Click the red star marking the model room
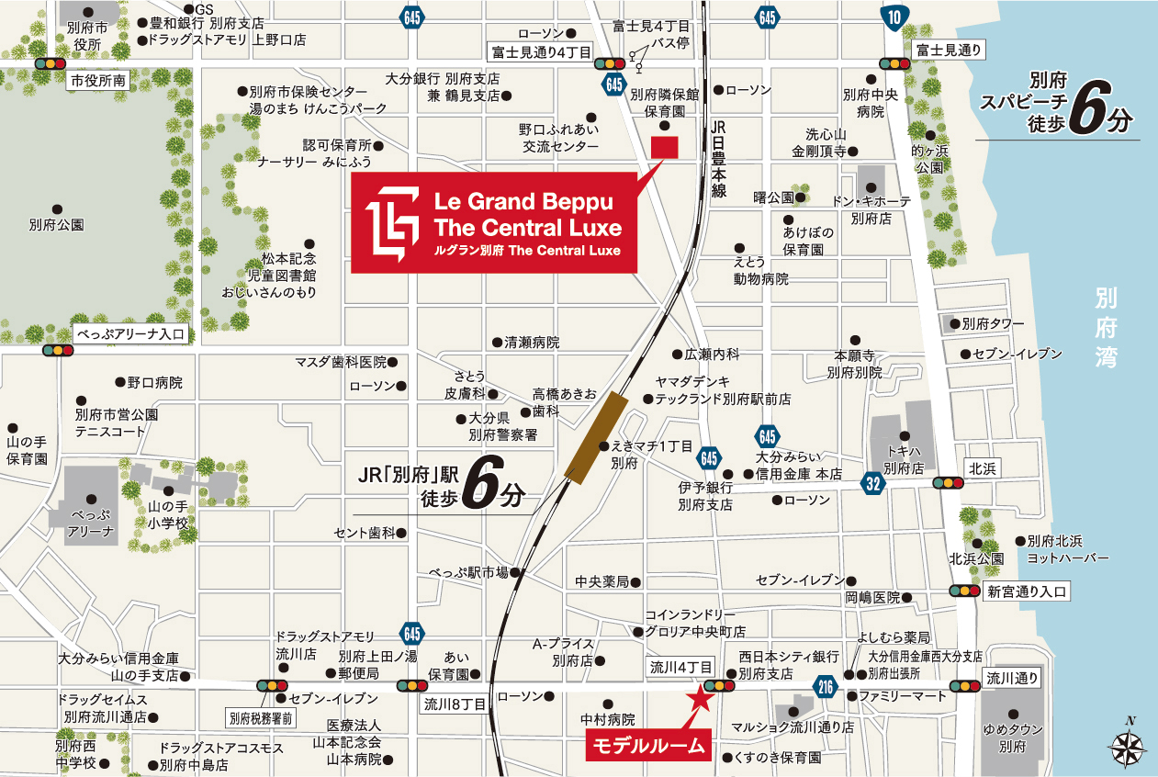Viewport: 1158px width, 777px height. click(x=701, y=697)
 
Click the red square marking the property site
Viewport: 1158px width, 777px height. click(x=663, y=147)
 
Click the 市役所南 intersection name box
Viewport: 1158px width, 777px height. click(x=99, y=81)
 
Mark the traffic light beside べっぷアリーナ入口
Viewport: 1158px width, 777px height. click(x=58, y=350)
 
